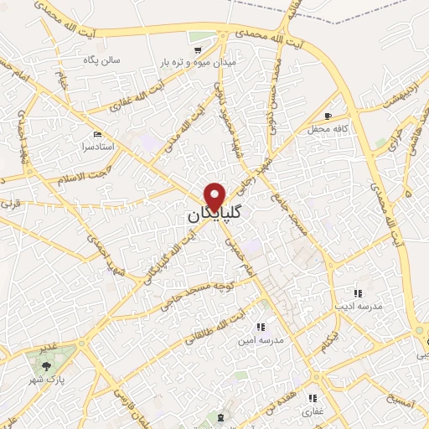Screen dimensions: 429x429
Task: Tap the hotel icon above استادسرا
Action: click(x=98, y=135)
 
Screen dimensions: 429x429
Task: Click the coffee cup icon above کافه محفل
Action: click(x=328, y=116)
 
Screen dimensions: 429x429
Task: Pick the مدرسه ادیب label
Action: click(x=359, y=307)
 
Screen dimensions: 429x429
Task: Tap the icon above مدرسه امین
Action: click(x=260, y=326)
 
